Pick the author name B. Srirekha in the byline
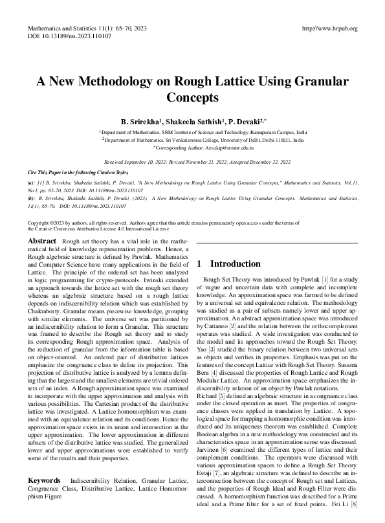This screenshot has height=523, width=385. [140, 122]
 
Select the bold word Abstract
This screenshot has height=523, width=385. [42, 241]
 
